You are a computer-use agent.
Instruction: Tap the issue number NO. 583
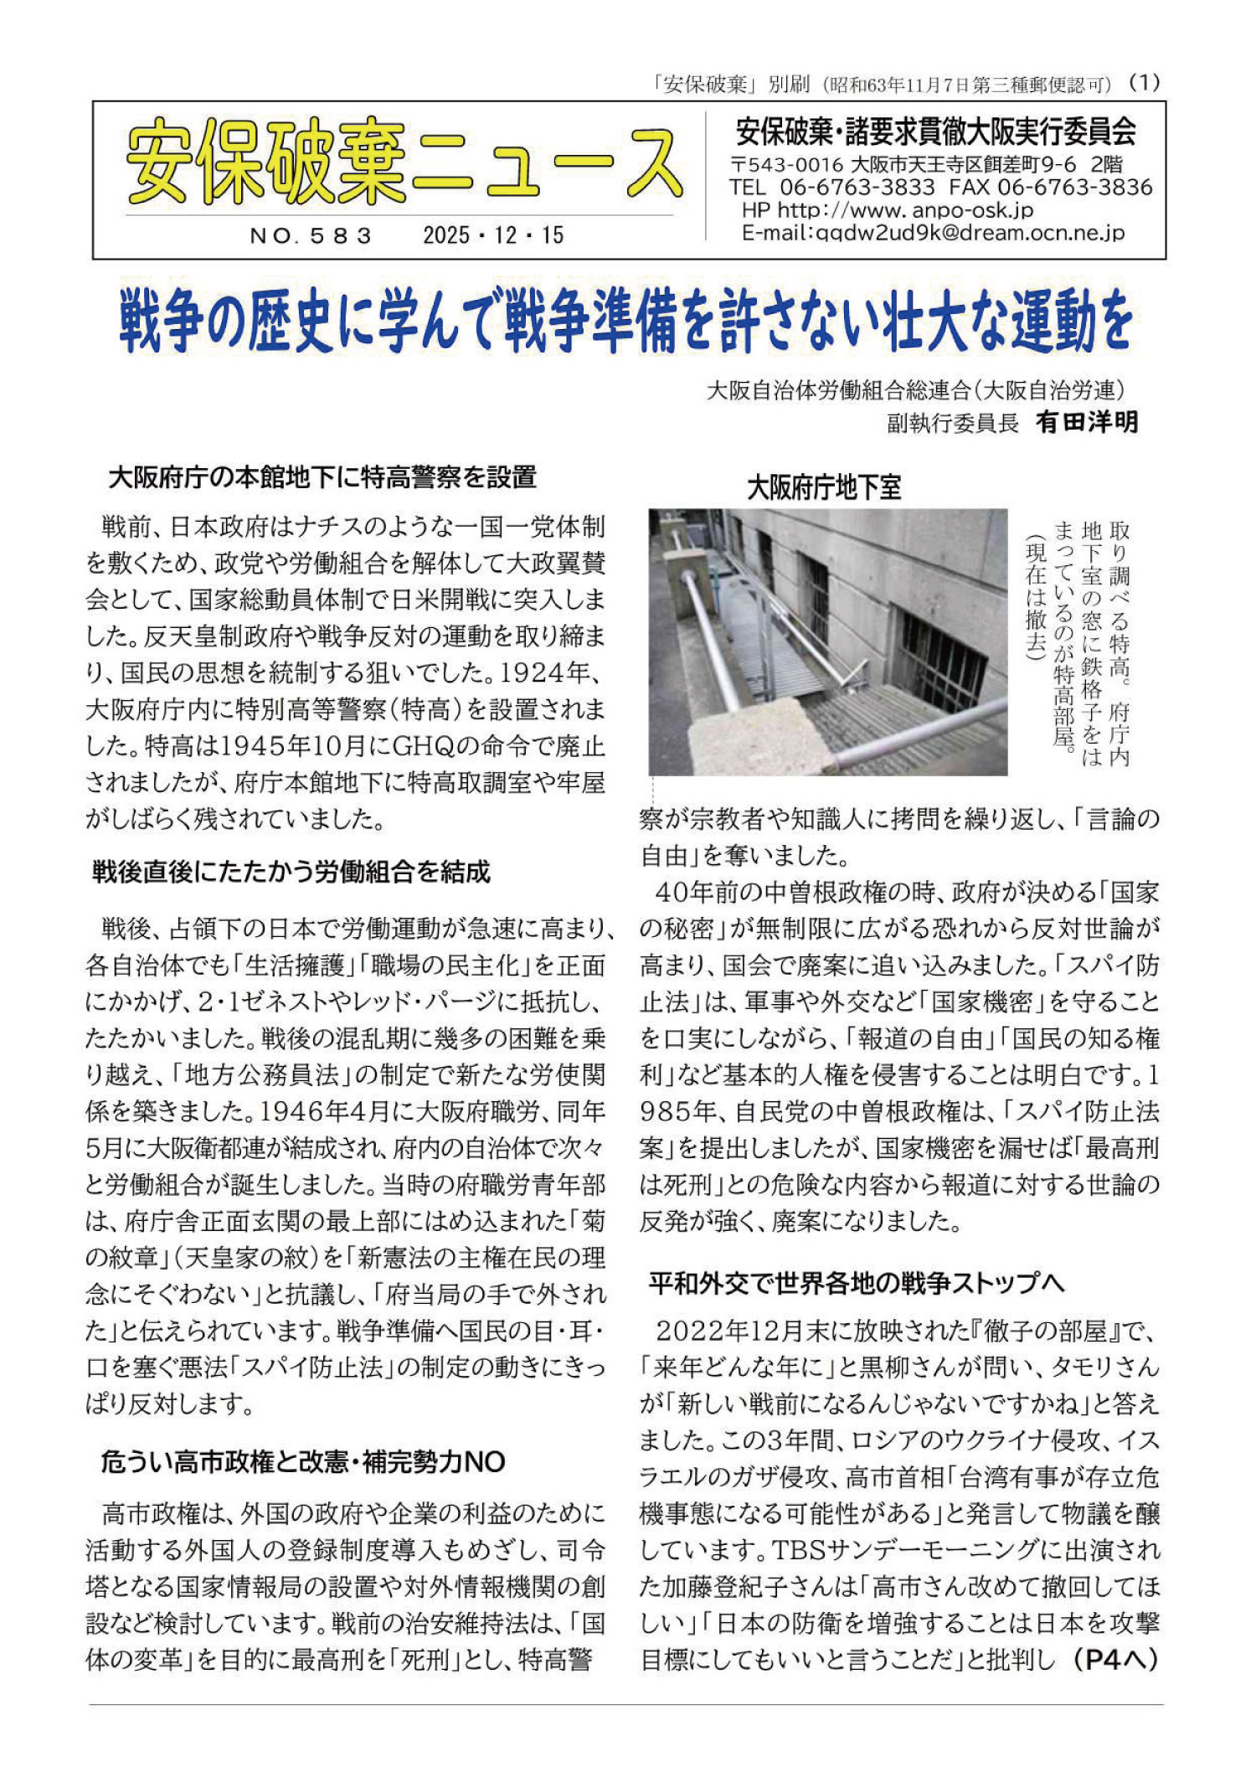311,236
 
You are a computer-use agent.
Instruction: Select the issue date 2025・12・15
493,235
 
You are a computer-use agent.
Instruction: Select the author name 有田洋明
1087,423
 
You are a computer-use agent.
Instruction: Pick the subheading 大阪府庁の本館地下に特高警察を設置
322,478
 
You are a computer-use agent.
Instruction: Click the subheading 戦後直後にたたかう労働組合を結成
291,873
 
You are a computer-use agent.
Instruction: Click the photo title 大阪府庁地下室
824,487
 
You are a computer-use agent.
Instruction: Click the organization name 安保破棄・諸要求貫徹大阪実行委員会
935,132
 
